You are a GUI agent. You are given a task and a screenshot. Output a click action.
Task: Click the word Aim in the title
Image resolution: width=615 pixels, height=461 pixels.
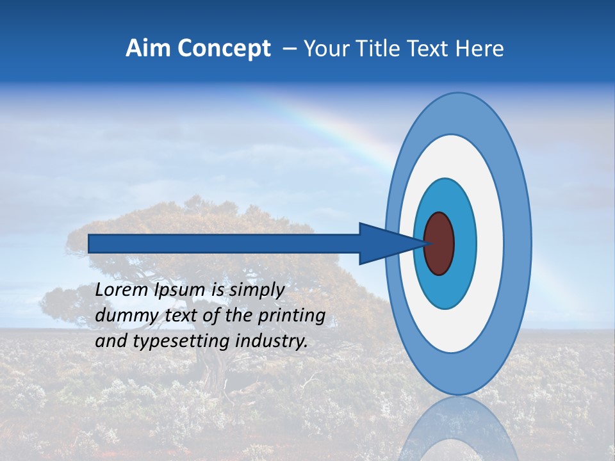point(146,49)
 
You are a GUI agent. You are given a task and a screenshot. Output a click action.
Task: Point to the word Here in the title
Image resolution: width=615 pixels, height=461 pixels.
point(480,49)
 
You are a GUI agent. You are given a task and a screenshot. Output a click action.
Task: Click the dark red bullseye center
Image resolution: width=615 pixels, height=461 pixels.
point(439,244)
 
